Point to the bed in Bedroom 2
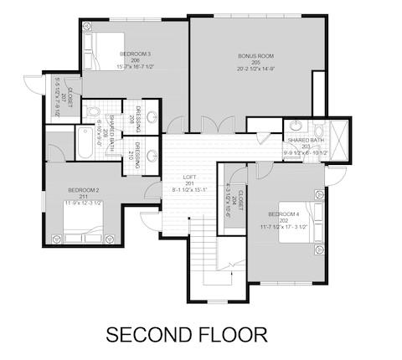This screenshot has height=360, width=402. coord(84,219)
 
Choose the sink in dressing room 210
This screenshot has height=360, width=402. coord(152,154)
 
